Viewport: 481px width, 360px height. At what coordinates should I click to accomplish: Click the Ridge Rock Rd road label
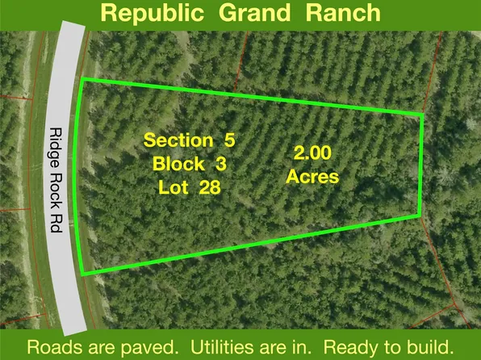[x=56, y=180]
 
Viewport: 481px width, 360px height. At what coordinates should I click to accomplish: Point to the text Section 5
[x=189, y=140]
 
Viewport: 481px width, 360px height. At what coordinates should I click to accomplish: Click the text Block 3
[x=190, y=163]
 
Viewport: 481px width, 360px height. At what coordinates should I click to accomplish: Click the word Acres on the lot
[x=312, y=176]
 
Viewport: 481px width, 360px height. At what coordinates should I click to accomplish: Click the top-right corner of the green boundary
[x=422, y=115]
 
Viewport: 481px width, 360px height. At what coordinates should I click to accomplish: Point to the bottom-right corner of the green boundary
[x=418, y=214]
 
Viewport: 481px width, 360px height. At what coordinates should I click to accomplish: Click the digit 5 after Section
[x=230, y=140]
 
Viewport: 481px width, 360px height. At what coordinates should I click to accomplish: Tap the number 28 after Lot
[x=207, y=187]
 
